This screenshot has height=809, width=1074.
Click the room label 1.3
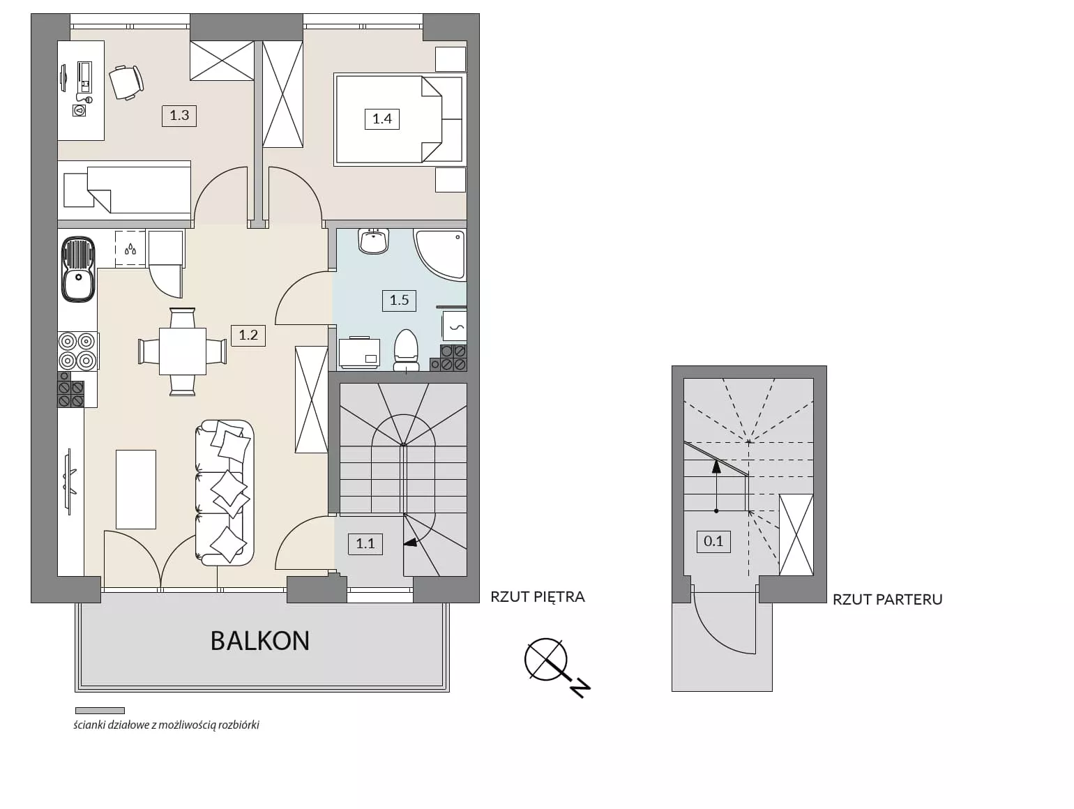[179, 116]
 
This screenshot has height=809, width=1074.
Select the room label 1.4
[381, 119]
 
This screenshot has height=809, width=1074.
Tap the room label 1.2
[248, 335]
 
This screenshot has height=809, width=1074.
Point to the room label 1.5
[399, 300]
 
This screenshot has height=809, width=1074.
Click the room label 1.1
[365, 543]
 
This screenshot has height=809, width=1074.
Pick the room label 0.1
[713, 541]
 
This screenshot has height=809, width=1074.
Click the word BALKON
[260, 641]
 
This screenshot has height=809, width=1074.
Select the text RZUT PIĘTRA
[538, 597]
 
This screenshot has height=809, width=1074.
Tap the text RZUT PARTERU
[888, 600]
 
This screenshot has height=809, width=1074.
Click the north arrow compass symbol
[557, 667]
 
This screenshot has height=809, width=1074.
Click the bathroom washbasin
[373, 241]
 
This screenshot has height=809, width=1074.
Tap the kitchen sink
[78, 269]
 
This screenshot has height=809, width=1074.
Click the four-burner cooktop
[77, 351]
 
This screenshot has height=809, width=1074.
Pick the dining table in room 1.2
[183, 351]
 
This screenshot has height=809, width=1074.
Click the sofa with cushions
[224, 492]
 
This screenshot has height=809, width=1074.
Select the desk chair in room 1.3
[126, 83]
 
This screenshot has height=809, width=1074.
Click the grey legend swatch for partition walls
[100, 710]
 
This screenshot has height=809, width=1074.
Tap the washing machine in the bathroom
[359, 353]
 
